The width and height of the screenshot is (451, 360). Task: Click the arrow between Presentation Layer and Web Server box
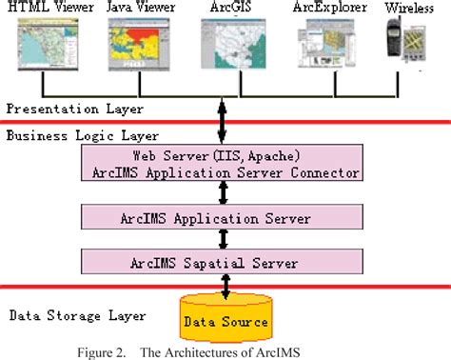pos(224,122)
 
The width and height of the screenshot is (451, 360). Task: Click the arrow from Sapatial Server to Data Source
pos(224,284)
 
